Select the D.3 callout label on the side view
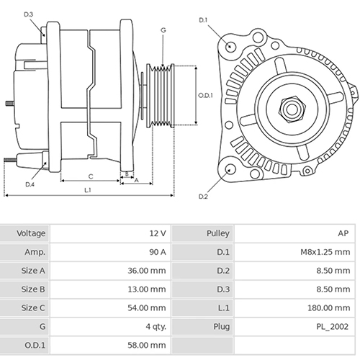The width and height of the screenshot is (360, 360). point(28,14)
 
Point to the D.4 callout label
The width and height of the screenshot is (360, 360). point(30,184)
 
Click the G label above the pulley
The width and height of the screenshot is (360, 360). point(163,30)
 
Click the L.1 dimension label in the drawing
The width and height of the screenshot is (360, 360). point(87,190)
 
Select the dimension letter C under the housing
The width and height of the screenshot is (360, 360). point(90,176)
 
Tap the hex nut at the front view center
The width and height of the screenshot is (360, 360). point(292,109)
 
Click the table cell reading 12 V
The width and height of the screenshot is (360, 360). point(158,234)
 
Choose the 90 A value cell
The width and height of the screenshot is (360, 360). point(156,253)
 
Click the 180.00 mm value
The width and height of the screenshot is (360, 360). point(329,307)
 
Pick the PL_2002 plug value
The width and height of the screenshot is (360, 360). point(332,326)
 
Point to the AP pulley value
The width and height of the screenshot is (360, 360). point(343,234)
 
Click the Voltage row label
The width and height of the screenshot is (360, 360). point(31,234)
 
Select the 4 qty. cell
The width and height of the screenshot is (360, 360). point(155,326)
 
